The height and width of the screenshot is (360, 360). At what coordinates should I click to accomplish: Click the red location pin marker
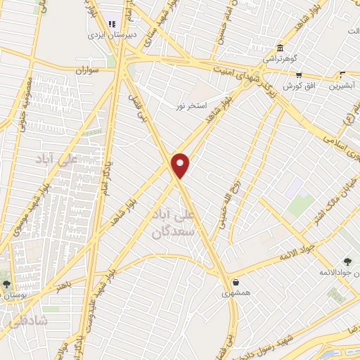[x=181, y=165]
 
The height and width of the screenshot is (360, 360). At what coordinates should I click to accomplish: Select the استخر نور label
[x=191, y=105]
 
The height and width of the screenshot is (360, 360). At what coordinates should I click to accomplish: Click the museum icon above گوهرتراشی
[x=281, y=48]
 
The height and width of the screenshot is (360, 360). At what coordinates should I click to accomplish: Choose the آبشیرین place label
[x=342, y=86]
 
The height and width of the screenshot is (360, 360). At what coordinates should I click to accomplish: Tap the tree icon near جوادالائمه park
[x=346, y=262]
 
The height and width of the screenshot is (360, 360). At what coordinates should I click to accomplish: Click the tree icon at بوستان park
[x=6, y=284]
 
